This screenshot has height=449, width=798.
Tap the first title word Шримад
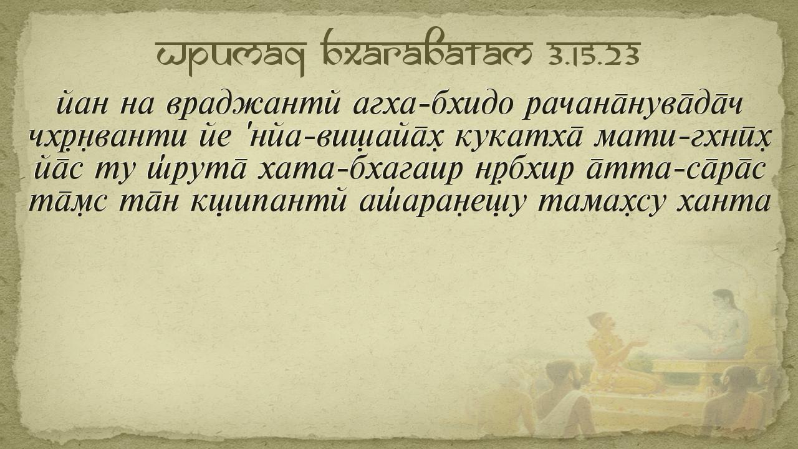pos(231,57)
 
